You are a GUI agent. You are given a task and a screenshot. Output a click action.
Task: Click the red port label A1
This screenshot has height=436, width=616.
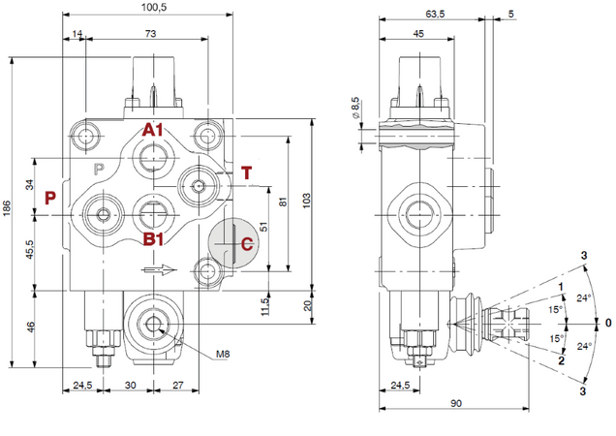tap(154, 130)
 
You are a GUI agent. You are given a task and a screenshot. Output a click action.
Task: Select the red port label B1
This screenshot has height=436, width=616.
tap(154, 238)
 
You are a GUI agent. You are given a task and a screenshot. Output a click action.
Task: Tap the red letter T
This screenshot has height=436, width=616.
tap(246, 173)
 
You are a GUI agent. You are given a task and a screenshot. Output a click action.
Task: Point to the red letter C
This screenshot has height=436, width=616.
tap(247, 244)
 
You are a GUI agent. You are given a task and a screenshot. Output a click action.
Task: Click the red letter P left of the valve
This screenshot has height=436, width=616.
tap(50, 198)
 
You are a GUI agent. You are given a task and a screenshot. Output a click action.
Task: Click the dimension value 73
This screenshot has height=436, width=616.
tap(151, 34)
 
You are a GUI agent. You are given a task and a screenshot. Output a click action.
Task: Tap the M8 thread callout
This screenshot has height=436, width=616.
tap(224, 355)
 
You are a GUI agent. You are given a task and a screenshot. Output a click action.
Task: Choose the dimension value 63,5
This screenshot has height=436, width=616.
tap(435, 15)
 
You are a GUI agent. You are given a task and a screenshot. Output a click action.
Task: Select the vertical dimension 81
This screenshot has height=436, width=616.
tap(283, 201)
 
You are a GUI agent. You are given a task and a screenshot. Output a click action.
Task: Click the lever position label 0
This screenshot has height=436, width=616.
tap(607, 323)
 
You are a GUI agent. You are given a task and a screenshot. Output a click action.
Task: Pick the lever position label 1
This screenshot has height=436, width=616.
tap(562, 286)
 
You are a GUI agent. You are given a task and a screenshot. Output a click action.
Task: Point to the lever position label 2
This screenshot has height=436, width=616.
tap(561, 359)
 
